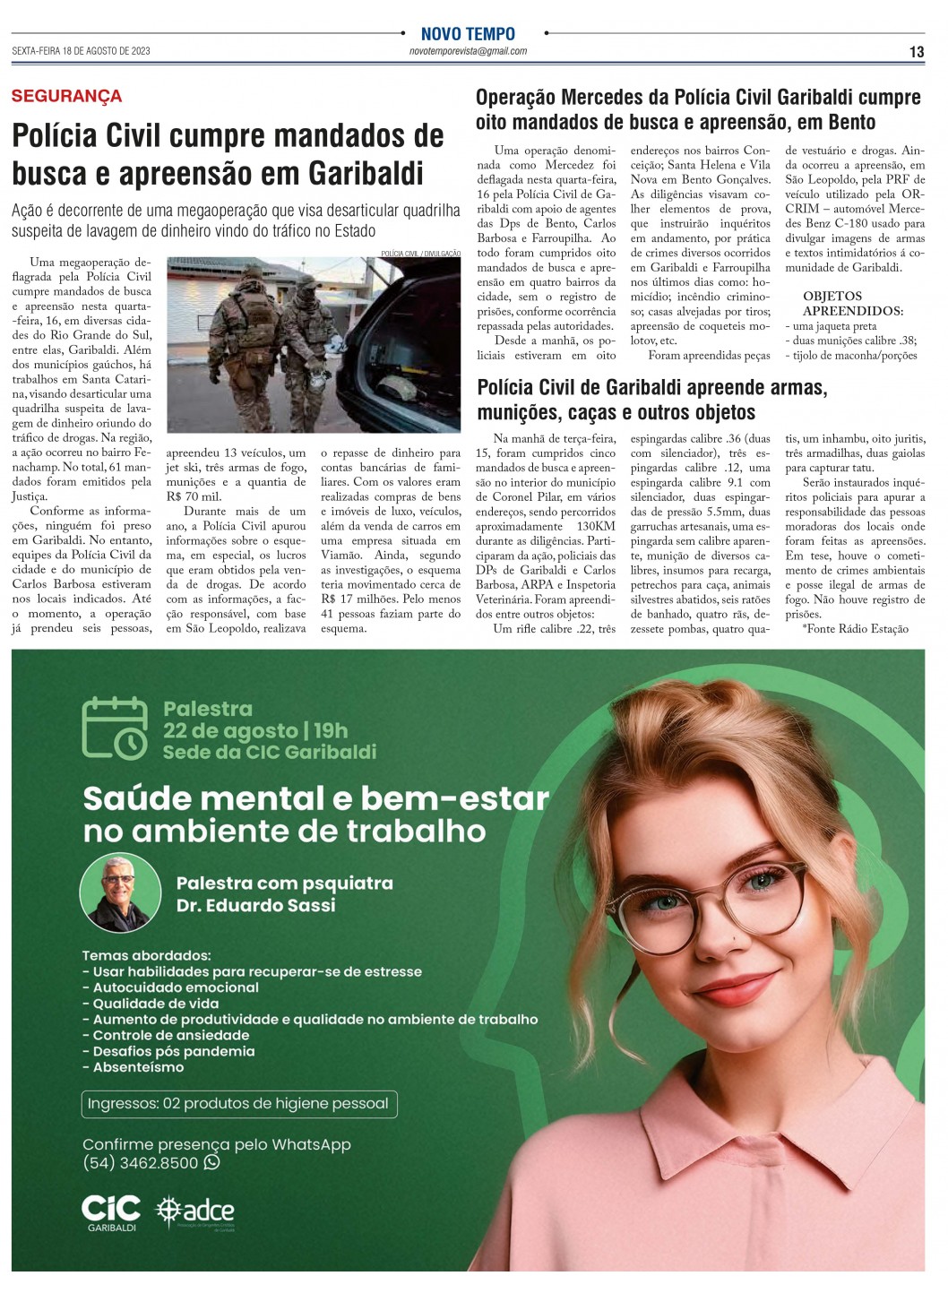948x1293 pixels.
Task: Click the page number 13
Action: point(916,52)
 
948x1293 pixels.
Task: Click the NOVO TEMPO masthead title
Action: point(468,34)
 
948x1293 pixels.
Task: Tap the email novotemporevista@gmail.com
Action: point(468,52)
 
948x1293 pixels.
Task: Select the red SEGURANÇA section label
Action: point(66,97)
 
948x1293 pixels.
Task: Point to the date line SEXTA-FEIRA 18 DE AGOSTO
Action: point(81,51)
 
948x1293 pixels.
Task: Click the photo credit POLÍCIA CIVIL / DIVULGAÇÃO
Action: point(420,254)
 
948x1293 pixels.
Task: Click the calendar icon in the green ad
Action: point(115,728)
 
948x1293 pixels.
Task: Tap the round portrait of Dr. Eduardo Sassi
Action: point(114,892)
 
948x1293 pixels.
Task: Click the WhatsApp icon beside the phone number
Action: point(211,1162)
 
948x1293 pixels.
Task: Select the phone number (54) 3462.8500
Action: point(140,1163)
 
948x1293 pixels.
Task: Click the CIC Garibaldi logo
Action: point(111,1212)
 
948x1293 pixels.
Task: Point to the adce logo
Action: point(195,1212)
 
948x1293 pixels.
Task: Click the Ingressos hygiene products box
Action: point(238,1103)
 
